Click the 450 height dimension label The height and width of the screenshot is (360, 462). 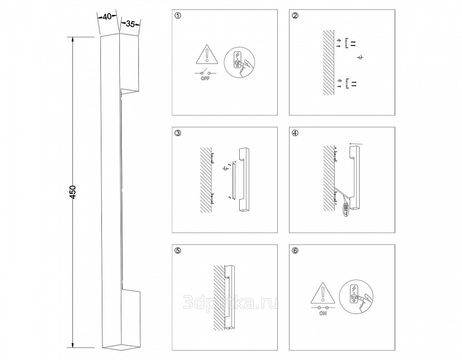pyautogui.click(x=73, y=192)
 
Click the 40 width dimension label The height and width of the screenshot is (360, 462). pyautogui.click(x=107, y=17)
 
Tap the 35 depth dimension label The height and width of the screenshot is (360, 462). pyautogui.click(x=130, y=24)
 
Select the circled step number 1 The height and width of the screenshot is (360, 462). pyautogui.click(x=177, y=15)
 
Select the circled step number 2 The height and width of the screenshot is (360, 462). pyautogui.click(x=295, y=15)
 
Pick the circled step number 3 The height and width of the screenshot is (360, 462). pyautogui.click(x=177, y=133)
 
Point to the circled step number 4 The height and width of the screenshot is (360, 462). pyautogui.click(x=295, y=133)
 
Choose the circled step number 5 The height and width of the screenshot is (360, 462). pyautogui.click(x=177, y=250)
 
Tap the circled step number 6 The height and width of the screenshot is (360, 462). pyautogui.click(x=295, y=250)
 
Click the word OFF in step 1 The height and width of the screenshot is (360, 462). pyautogui.click(x=205, y=78)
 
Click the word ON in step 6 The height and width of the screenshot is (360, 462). pyautogui.click(x=323, y=313)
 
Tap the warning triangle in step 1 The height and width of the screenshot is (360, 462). pyautogui.click(x=207, y=54)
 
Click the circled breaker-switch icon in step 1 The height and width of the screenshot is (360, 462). pyautogui.click(x=239, y=62)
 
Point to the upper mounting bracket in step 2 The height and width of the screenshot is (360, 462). pyautogui.click(x=347, y=43)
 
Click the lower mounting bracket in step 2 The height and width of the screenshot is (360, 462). pyautogui.click(x=348, y=83)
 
